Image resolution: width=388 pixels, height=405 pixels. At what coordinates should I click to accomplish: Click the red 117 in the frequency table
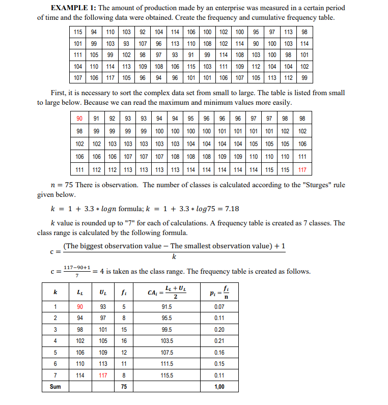pos(103,375)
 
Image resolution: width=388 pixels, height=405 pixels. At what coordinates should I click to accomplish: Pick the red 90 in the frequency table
pos(80,306)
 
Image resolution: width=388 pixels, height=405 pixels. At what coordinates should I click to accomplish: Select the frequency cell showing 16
pos(124,341)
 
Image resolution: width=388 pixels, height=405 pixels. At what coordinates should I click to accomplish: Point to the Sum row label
pos(56,387)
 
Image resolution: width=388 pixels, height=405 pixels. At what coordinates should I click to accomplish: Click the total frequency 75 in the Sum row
pos(124,387)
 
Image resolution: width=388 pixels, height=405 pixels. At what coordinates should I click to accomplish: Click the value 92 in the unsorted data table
pos(143,32)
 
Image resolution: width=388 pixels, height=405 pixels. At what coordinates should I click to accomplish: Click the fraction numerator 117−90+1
pos(77,267)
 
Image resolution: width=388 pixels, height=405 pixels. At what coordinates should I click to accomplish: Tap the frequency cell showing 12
pos(124,353)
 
